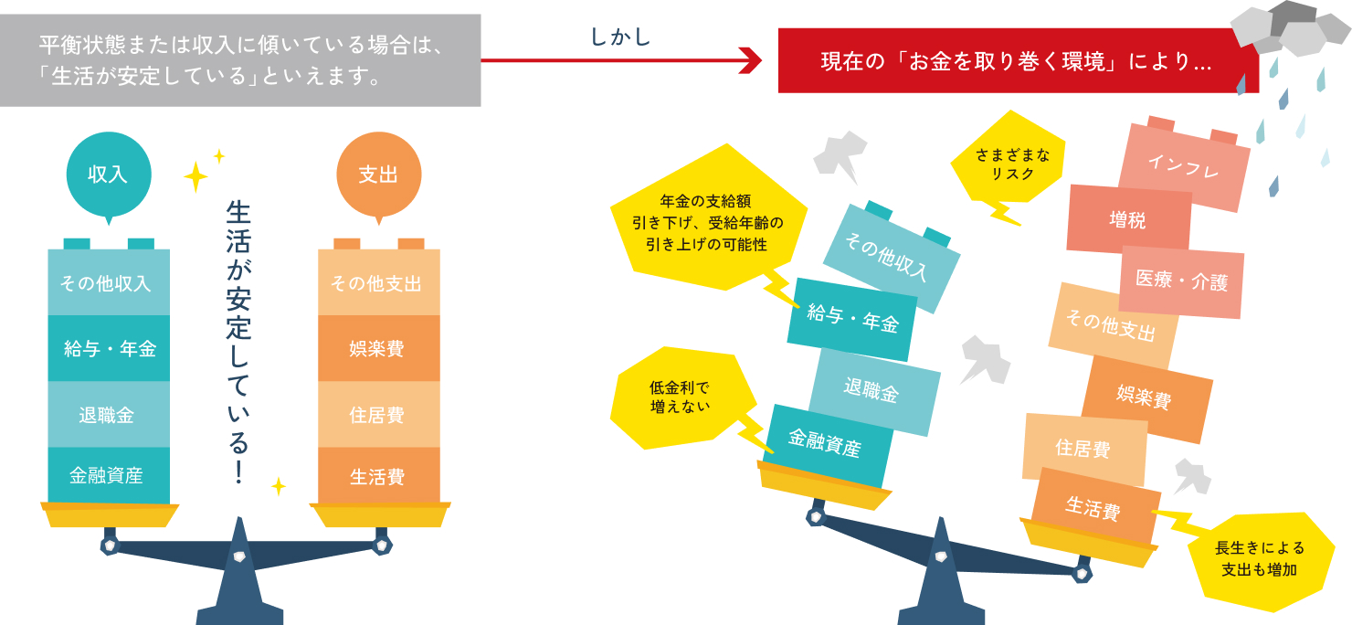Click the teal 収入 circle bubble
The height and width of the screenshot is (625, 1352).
(108, 174)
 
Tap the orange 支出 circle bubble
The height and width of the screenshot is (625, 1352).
(377, 174)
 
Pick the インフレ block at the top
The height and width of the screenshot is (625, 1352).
(1183, 164)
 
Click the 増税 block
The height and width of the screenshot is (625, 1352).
(1128, 219)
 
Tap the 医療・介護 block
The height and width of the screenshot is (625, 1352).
(1181, 281)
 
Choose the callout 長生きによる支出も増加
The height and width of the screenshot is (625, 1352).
(1260, 558)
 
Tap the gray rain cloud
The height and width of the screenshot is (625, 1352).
(1288, 29)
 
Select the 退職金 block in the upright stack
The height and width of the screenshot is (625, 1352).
(108, 415)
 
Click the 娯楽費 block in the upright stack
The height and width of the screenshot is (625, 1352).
(377, 348)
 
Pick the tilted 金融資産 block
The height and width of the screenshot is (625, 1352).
(825, 445)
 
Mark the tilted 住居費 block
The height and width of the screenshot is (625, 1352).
(1083, 448)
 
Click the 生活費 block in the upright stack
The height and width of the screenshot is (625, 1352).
(377, 476)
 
